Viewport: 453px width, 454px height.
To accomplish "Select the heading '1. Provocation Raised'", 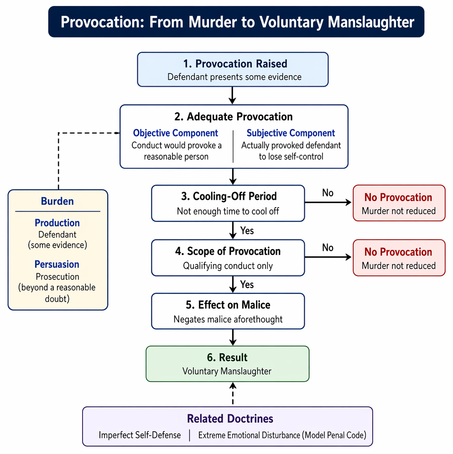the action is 235,64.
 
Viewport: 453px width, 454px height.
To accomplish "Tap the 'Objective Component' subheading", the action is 176,133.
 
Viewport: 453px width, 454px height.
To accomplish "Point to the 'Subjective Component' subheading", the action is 291,133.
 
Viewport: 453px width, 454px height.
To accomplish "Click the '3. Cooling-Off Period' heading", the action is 229,196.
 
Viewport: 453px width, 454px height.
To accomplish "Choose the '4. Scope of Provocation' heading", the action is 228,251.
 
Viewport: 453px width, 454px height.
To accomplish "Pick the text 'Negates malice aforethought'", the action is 228,319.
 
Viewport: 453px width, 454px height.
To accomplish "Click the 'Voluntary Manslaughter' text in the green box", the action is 227,371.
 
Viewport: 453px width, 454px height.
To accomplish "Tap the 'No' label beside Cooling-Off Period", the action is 328,193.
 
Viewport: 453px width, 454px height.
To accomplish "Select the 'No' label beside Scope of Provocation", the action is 328,248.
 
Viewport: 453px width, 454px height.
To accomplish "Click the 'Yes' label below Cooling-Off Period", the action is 247,230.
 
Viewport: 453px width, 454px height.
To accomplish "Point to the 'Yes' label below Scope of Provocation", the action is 247,285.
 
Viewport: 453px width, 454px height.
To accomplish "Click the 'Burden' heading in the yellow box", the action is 57,201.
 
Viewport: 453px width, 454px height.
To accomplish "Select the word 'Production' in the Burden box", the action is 57,223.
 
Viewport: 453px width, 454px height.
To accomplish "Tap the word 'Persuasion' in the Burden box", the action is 57,264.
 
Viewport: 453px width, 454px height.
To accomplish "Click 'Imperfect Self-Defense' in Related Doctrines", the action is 140,435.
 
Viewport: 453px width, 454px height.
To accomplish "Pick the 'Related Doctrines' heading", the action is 230,419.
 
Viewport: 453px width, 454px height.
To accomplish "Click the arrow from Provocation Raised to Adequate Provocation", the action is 233,95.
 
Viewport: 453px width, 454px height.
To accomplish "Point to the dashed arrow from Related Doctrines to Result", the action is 233,393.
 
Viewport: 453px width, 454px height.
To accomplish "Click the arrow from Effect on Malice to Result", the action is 233,337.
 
